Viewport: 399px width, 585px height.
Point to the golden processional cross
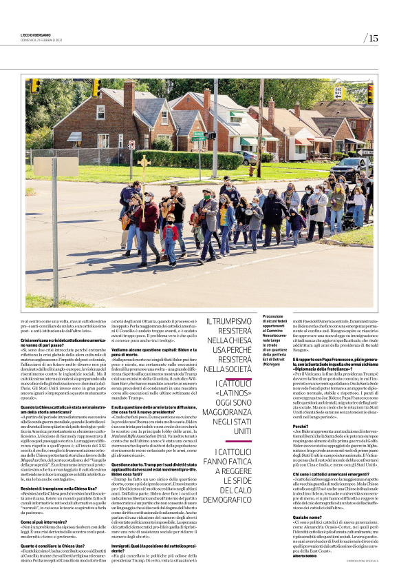[x=144, y=165]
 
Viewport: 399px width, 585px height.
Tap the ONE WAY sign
[x=338, y=90]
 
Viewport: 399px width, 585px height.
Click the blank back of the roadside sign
[x=46, y=167]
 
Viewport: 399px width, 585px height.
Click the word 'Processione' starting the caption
[x=274, y=315]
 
